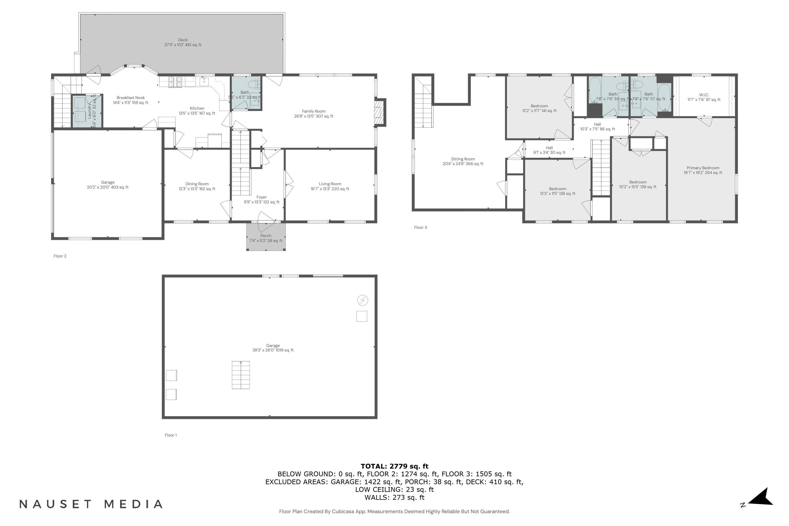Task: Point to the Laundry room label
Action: point(90,111)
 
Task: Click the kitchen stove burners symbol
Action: point(175,80)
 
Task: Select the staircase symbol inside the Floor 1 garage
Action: point(241,375)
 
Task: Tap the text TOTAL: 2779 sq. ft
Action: point(394,466)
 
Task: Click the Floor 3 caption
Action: point(420,227)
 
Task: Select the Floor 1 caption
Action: point(170,435)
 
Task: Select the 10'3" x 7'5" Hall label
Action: point(598,127)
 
